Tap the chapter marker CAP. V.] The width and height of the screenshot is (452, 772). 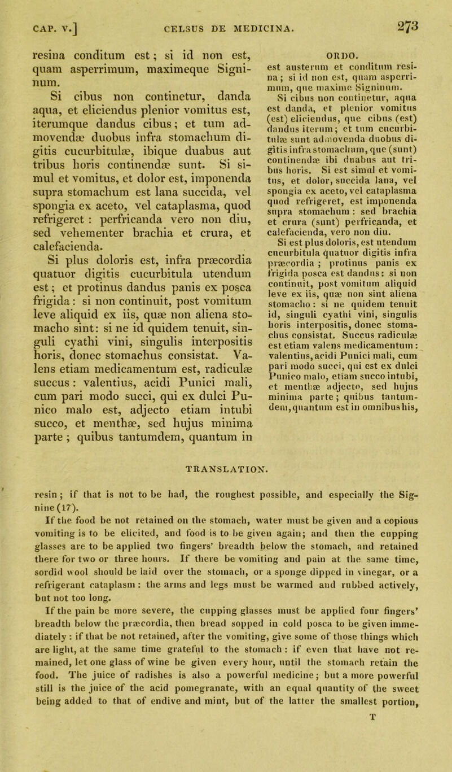coord(42,21)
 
